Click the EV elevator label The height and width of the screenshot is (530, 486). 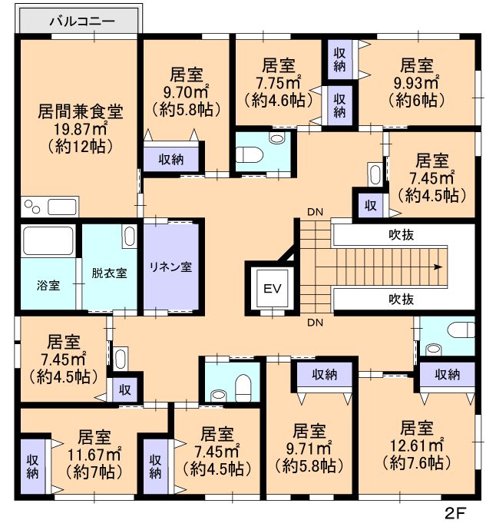pos(273,289)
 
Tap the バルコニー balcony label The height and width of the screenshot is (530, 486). pos(82,22)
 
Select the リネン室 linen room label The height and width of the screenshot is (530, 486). pos(170,267)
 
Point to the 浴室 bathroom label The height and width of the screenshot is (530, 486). pos(48,286)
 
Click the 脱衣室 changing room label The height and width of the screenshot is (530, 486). pos(110,273)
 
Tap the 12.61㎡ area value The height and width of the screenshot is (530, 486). pos(416,446)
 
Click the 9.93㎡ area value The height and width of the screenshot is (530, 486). pos(416,83)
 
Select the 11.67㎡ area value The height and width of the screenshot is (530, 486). pos(94,455)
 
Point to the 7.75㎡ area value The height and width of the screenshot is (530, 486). pos(278,83)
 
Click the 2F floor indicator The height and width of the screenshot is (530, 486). pos(455,514)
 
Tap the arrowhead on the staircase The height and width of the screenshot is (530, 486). pos(438,267)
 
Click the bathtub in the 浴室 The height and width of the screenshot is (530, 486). pos(48,240)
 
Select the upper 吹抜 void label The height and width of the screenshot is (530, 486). pos(402,235)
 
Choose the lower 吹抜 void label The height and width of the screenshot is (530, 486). pos(402,299)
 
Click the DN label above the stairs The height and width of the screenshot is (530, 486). pos(315,212)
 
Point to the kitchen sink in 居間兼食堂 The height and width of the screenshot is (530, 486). pos(62,207)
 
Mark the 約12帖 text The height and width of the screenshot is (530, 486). pos(80,147)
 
